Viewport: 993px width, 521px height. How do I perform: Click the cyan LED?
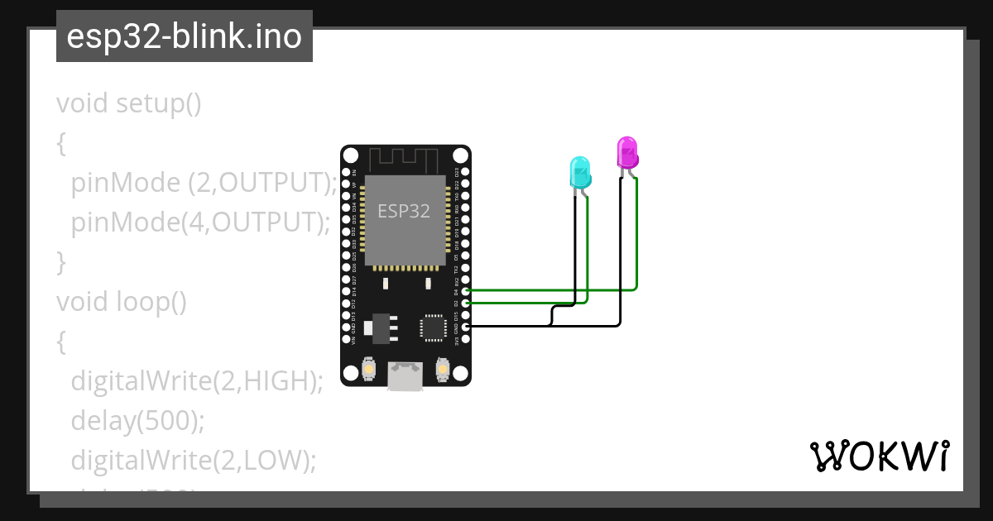(580, 172)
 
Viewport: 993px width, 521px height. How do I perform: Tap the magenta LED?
(627, 153)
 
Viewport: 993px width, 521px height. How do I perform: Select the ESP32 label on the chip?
(404, 210)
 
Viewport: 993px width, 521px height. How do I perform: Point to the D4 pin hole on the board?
(465, 291)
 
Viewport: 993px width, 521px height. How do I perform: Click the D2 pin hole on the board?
(465, 304)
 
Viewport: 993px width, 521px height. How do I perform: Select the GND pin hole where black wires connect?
(465, 327)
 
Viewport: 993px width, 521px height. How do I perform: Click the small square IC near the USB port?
(433, 327)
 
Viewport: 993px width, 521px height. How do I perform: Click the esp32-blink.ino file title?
(184, 36)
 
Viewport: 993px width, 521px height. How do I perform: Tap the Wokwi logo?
(879, 456)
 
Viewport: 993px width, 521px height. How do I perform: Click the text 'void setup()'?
(129, 103)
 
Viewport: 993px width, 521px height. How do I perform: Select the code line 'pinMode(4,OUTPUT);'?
(200, 222)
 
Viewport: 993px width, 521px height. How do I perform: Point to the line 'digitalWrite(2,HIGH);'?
(196, 380)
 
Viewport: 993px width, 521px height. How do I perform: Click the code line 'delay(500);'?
(137, 420)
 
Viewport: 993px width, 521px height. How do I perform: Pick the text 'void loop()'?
(122, 301)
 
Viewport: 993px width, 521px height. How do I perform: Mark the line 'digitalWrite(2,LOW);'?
(194, 460)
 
